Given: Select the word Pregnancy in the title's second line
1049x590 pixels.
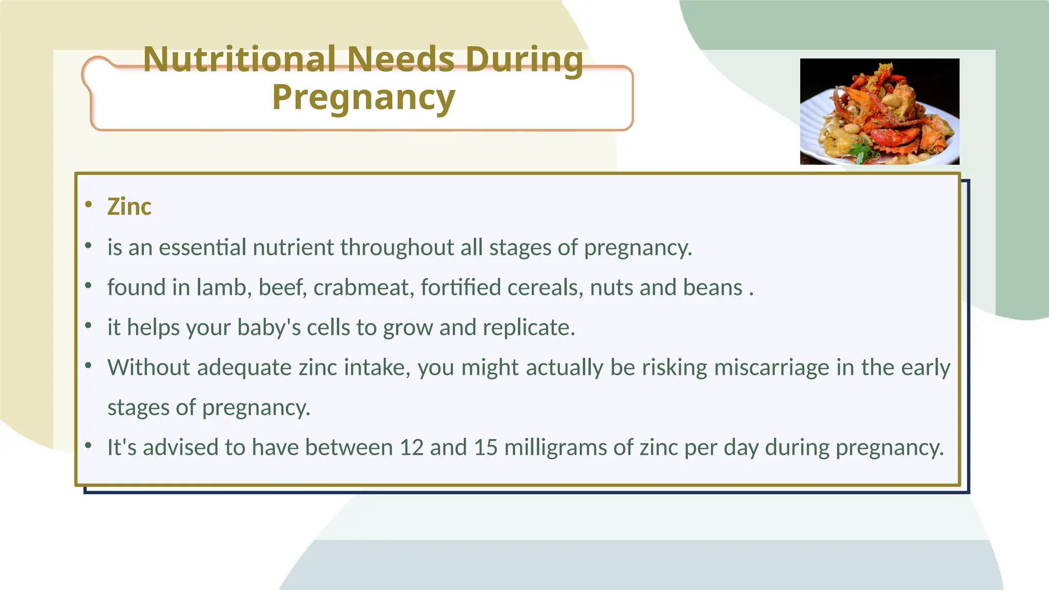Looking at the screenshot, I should pos(363,97).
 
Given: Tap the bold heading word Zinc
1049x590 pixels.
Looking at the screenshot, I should pos(129,207).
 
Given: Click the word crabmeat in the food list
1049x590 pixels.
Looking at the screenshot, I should pos(363,287).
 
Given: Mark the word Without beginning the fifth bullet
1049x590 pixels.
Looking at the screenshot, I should pos(149,368).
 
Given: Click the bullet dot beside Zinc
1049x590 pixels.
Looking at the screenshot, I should pos(89,205).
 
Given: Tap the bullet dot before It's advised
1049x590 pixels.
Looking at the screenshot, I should pos(89,446).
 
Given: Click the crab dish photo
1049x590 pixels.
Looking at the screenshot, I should pos(879,111).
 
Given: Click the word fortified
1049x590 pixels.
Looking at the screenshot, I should pos(460,287).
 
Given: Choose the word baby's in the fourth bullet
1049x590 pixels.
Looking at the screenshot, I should pos(269,328).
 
